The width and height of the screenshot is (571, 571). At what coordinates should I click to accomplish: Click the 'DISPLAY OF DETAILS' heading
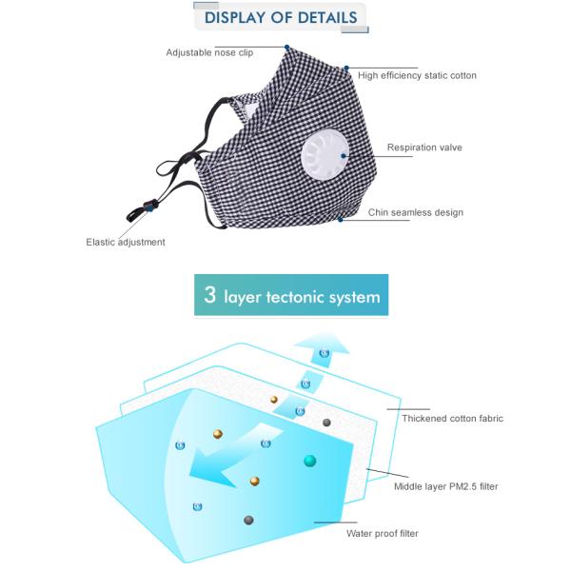[281, 17]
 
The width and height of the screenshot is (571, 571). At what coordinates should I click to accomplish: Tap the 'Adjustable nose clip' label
[209, 52]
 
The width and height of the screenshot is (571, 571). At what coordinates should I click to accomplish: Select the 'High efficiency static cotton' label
[417, 75]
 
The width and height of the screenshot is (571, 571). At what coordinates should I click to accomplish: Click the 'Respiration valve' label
[424, 148]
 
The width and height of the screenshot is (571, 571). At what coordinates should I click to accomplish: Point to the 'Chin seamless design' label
[416, 212]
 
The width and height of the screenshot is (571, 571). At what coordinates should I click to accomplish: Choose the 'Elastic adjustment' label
[126, 242]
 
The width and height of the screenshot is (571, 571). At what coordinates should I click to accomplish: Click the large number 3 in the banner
[209, 295]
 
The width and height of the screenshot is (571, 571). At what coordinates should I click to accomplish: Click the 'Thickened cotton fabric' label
[452, 418]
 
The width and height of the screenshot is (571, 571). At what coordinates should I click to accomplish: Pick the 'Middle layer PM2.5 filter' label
[446, 486]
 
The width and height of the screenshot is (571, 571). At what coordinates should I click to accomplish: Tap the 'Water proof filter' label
[382, 533]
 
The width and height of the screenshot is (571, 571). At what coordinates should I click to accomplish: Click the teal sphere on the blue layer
[309, 462]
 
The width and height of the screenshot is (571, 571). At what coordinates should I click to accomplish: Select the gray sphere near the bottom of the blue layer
[248, 520]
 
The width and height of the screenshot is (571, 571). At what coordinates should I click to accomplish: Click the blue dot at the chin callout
[341, 220]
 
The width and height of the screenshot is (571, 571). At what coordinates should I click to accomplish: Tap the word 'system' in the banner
[353, 297]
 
